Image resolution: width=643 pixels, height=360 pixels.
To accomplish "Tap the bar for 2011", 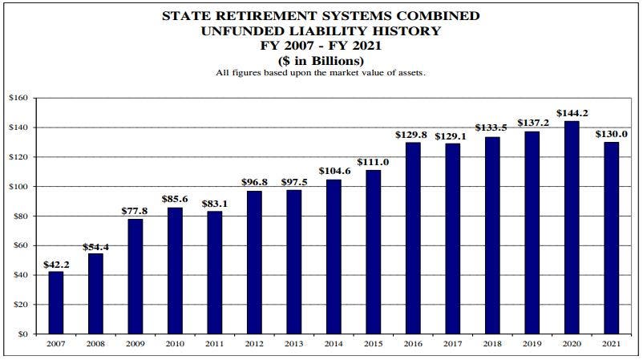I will coord(214,272).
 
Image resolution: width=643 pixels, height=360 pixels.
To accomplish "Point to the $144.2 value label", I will coord(571,113).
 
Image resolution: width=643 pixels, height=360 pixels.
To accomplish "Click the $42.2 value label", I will coord(56,264).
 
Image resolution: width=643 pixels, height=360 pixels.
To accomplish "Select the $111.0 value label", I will coord(373,162).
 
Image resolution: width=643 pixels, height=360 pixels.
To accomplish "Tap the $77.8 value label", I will coord(135,211).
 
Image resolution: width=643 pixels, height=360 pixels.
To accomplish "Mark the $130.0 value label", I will coord(610,135).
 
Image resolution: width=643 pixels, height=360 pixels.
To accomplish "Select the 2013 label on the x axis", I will coord(293,344).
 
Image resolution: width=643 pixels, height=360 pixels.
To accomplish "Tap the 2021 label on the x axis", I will coord(610,344).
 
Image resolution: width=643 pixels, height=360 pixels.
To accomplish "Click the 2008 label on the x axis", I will coord(95,344).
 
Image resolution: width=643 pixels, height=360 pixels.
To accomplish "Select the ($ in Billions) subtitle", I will coord(321,60).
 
